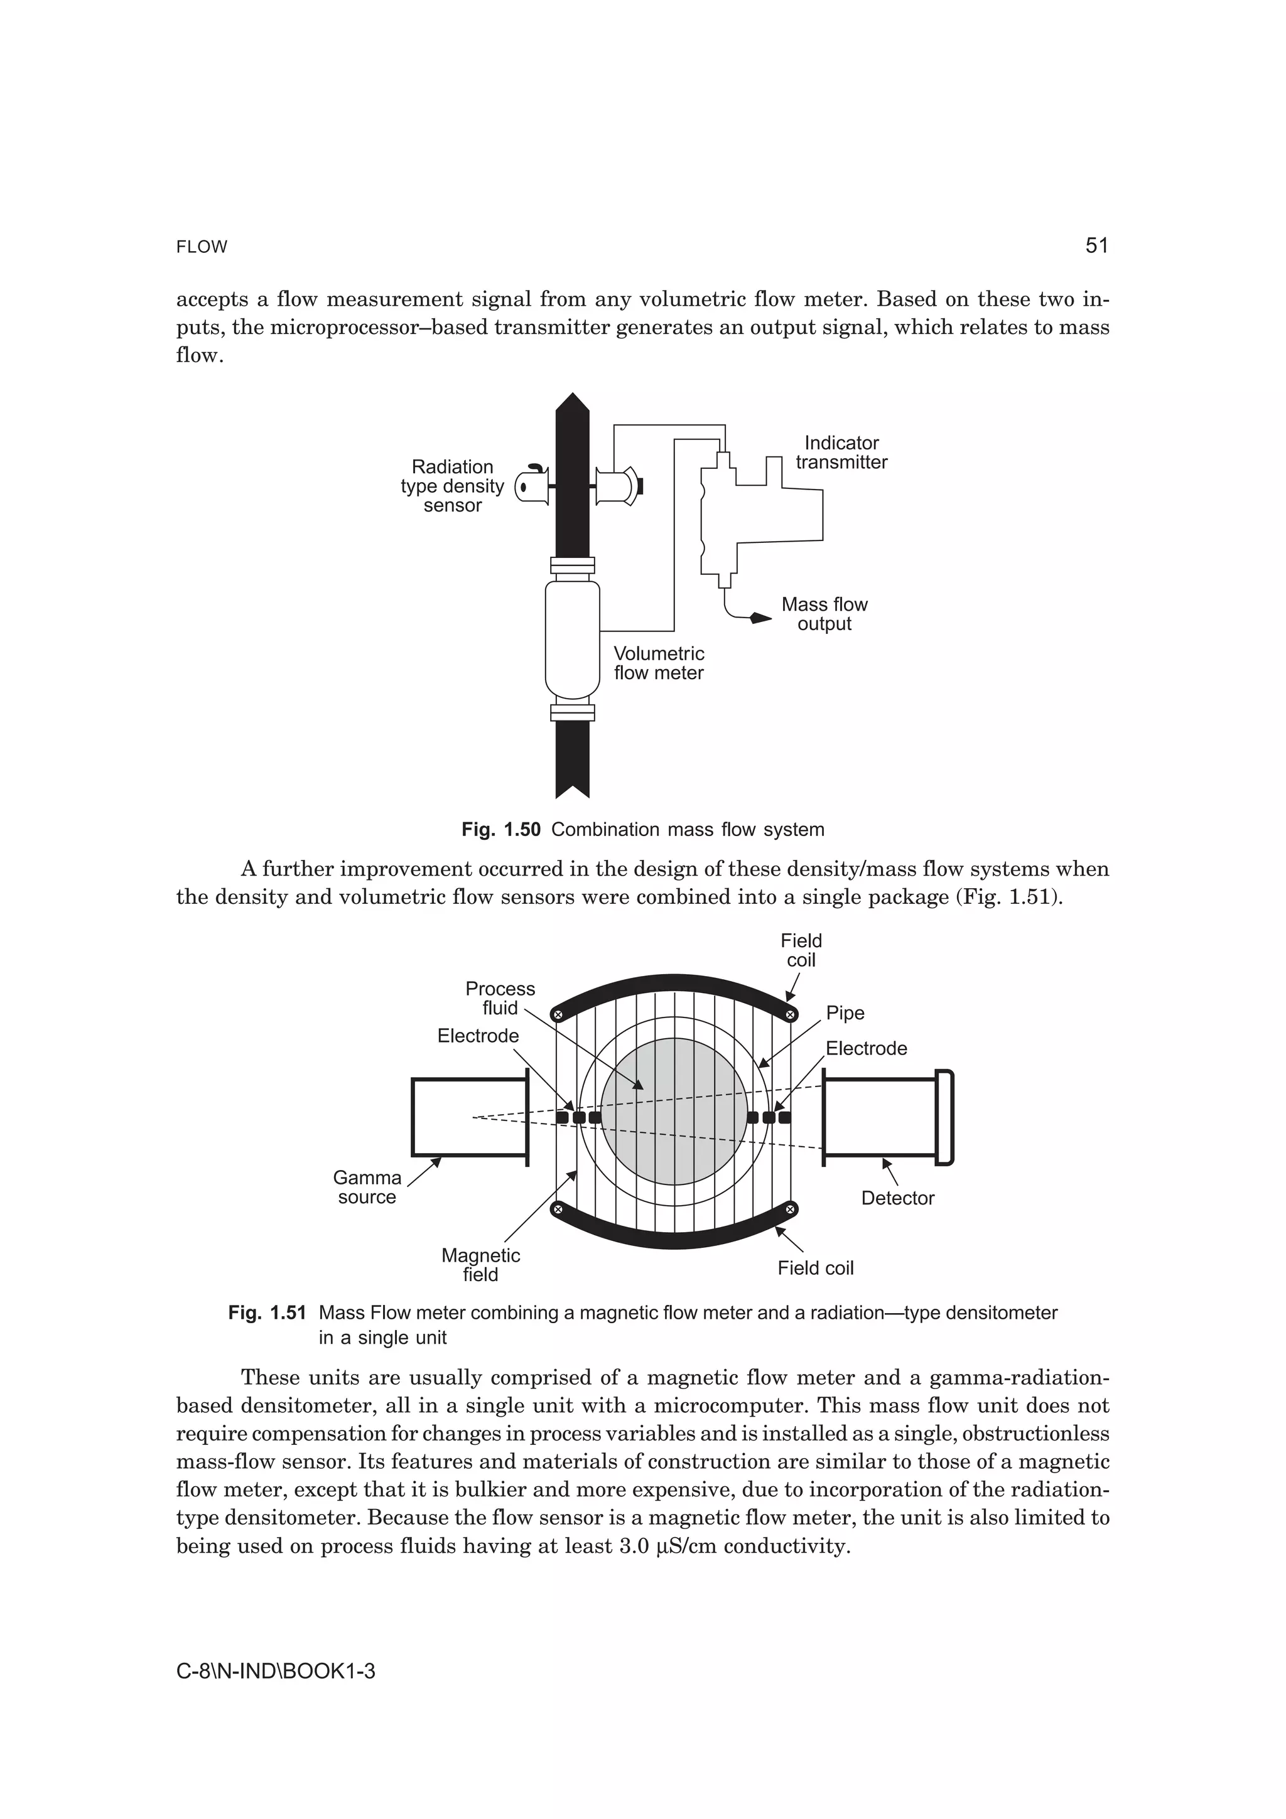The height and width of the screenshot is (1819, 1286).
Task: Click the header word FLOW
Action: click(202, 247)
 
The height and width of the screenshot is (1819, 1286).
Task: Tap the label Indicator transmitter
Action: click(841, 453)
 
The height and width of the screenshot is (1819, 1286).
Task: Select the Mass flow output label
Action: click(824, 614)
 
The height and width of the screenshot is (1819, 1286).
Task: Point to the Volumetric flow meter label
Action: click(659, 663)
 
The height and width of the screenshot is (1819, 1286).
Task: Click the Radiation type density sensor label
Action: click(453, 486)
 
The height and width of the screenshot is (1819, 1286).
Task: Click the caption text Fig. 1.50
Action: click(500, 830)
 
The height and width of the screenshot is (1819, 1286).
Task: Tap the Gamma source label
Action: click(367, 1187)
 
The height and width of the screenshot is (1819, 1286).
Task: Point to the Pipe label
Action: click(845, 1012)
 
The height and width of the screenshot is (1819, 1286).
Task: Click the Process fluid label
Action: click(500, 998)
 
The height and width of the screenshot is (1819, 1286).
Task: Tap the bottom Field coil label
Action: click(815, 1268)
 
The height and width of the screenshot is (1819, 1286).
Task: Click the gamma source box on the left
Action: click(469, 1117)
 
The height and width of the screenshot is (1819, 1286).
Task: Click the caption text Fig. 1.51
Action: click(267, 1312)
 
